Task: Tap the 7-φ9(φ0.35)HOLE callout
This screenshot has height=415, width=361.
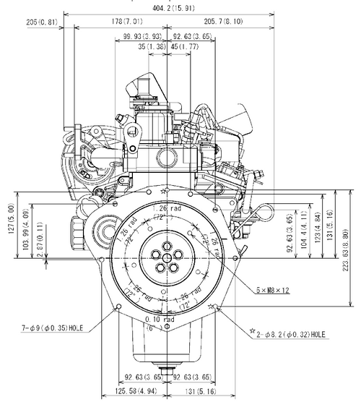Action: pyautogui.click(x=52, y=328)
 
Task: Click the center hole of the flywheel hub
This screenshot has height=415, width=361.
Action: pyautogui.click(x=167, y=257)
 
